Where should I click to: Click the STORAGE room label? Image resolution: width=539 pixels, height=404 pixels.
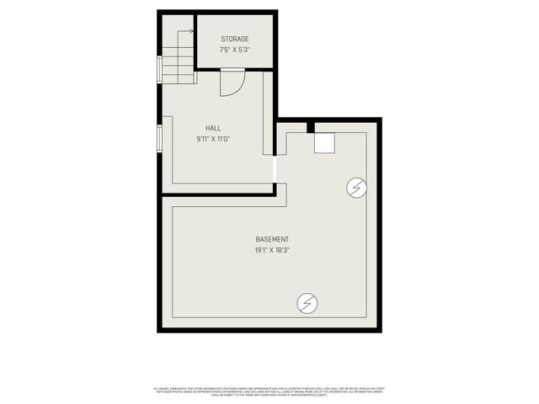pyautogui.click(x=235, y=39)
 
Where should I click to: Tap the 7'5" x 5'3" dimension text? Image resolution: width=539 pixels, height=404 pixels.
pyautogui.click(x=235, y=49)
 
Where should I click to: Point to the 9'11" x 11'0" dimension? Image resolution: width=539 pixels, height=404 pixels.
pyautogui.click(x=213, y=138)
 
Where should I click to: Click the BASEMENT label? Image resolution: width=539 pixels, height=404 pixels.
pyautogui.click(x=272, y=240)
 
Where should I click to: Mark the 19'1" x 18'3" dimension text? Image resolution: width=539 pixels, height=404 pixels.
pyautogui.click(x=272, y=250)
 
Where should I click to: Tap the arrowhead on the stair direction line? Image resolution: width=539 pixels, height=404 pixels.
pyautogui.click(x=191, y=32)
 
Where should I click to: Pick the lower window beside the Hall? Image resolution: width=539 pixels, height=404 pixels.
pyautogui.click(x=159, y=140)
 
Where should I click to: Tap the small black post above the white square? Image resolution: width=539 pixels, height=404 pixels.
pyautogui.click(x=311, y=127)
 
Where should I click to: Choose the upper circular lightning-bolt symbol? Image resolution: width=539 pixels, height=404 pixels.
pyautogui.click(x=357, y=187)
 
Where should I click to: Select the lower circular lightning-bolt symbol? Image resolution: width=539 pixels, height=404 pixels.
pyautogui.click(x=307, y=301)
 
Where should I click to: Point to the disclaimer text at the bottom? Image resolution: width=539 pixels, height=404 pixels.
pyautogui.click(x=269, y=391)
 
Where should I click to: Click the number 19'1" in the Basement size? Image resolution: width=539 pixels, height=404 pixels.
pyautogui.click(x=261, y=250)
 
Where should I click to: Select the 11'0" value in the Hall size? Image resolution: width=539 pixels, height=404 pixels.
pyautogui.click(x=224, y=138)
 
